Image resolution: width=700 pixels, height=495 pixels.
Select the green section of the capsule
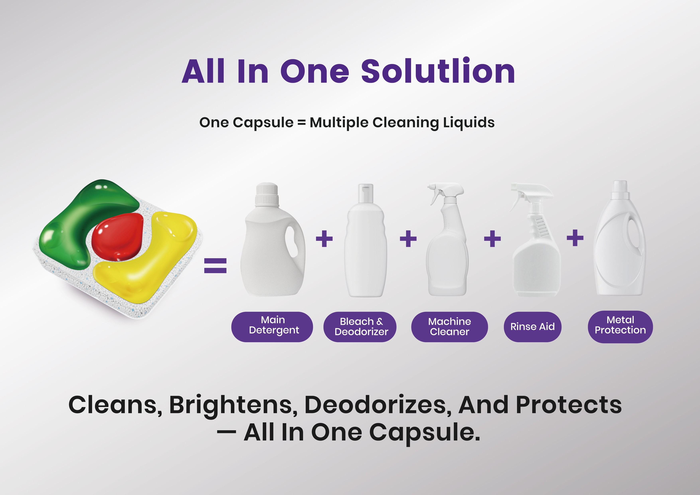tap(88, 219)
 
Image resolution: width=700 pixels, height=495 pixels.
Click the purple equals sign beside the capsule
tap(215, 266)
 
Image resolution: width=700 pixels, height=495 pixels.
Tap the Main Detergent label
tap(272, 327)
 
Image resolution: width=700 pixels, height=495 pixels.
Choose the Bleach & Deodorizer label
tap(360, 327)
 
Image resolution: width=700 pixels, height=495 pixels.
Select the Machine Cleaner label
tap(449, 327)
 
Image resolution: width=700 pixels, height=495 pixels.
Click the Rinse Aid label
tap(532, 327)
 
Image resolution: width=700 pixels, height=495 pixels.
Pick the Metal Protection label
tap(620, 327)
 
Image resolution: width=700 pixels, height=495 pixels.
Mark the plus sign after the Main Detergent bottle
tap(324, 238)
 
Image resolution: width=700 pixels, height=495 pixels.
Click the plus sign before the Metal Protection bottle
tap(575, 238)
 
